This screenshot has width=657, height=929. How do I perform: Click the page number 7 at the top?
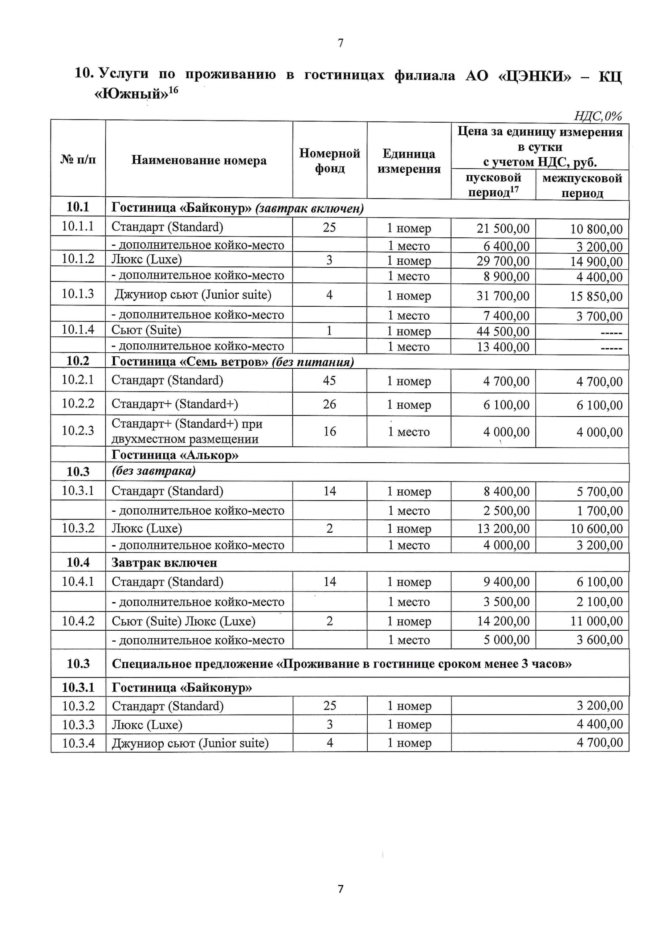pyautogui.click(x=340, y=43)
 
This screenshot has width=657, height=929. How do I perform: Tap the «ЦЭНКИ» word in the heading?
pyautogui.click(x=534, y=76)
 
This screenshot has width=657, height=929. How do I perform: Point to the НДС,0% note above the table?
pyautogui.click(x=597, y=116)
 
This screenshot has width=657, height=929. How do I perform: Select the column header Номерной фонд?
pyautogui.click(x=330, y=160)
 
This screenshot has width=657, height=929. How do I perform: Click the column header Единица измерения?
pyautogui.click(x=409, y=161)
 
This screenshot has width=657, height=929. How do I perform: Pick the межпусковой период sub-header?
pyautogui.click(x=582, y=185)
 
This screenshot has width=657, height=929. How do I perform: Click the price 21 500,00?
pyautogui.click(x=503, y=229)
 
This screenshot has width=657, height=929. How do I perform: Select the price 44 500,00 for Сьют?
pyautogui.click(x=503, y=331)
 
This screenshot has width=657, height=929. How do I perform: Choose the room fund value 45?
pyautogui.click(x=330, y=380)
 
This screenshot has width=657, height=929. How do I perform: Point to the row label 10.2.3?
pyautogui.click(x=78, y=430)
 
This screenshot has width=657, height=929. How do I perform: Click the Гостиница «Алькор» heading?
pyautogui.click(x=175, y=455)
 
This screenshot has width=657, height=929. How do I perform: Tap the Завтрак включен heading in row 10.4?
pyautogui.click(x=164, y=562)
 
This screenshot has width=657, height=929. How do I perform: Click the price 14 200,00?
pyautogui.click(x=503, y=621)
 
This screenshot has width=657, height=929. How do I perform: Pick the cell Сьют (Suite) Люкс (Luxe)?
pyautogui.click(x=183, y=621)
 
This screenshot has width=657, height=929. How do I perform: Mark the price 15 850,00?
pyautogui.click(x=596, y=296)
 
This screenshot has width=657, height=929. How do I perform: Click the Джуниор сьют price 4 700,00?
pyautogui.click(x=600, y=742)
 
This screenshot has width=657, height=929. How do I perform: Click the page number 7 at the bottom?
pyautogui.click(x=340, y=889)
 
